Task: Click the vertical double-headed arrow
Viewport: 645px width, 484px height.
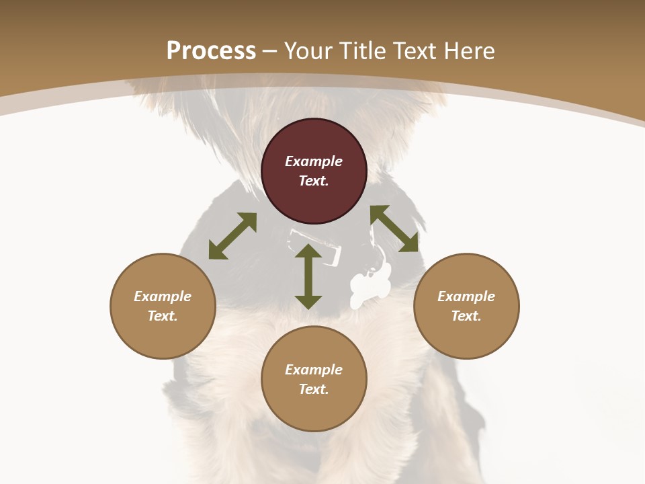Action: pyautogui.click(x=308, y=277)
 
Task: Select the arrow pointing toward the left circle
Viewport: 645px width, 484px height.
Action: pyautogui.click(x=232, y=236)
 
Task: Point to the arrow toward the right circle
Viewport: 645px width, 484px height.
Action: pyautogui.click(x=394, y=229)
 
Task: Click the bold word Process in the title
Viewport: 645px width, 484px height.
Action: pyautogui.click(x=211, y=50)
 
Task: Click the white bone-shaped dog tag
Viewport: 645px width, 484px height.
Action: pyautogui.click(x=371, y=285)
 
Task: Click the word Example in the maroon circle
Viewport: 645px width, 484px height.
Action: pyautogui.click(x=314, y=161)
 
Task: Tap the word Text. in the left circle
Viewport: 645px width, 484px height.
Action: pyautogui.click(x=163, y=316)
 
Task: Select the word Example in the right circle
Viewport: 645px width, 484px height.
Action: pyautogui.click(x=466, y=296)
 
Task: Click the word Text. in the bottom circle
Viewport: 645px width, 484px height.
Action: pyautogui.click(x=314, y=389)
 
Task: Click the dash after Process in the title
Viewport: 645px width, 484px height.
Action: pyautogui.click(x=269, y=51)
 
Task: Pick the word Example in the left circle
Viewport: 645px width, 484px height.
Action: pyautogui.click(x=163, y=296)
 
